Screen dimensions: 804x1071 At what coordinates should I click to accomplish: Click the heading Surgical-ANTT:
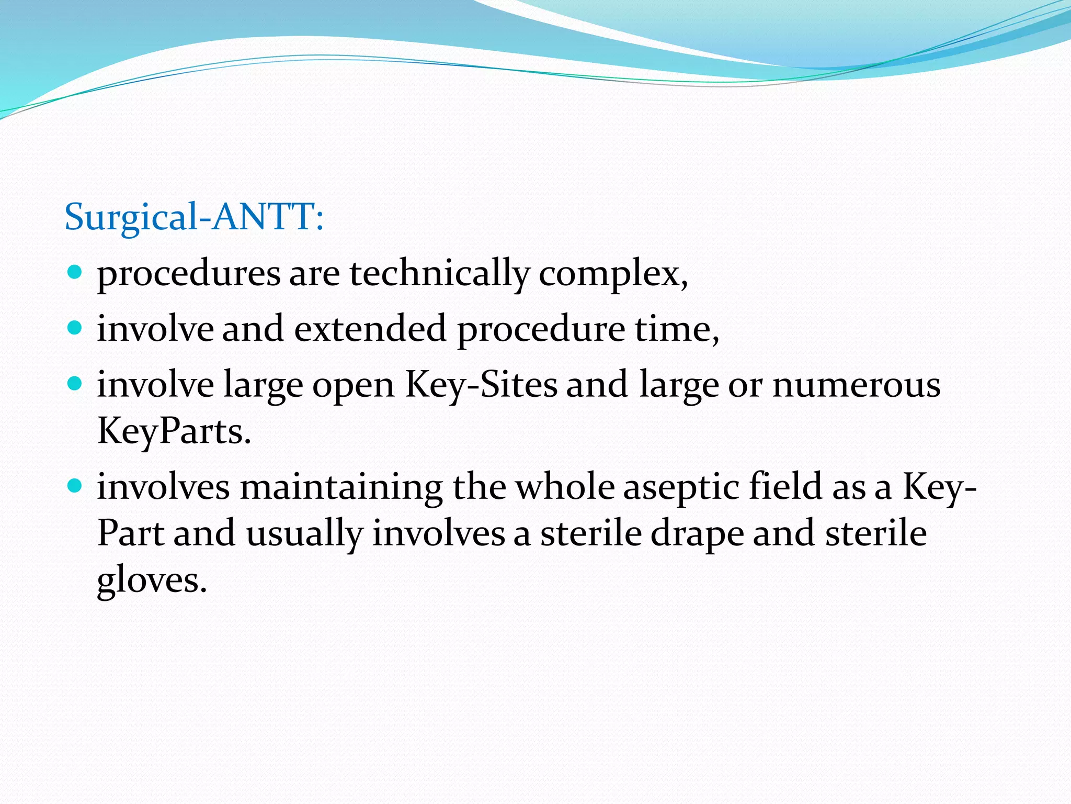pyautogui.click(x=194, y=217)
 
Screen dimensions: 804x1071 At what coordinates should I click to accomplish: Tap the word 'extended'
pyautogui.click(x=370, y=329)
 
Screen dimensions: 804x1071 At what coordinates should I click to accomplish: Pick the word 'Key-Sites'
pyautogui.click(x=482, y=385)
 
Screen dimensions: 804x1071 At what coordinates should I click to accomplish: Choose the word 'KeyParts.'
pyautogui.click(x=174, y=432)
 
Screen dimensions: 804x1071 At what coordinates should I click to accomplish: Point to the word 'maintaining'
pyautogui.click(x=341, y=487)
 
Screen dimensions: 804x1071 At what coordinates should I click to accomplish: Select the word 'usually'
pyautogui.click(x=304, y=534)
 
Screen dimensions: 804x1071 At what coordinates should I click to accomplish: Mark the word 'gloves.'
pyautogui.click(x=152, y=580)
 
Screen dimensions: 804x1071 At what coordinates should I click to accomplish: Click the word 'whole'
pyautogui.click(x=565, y=487)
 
